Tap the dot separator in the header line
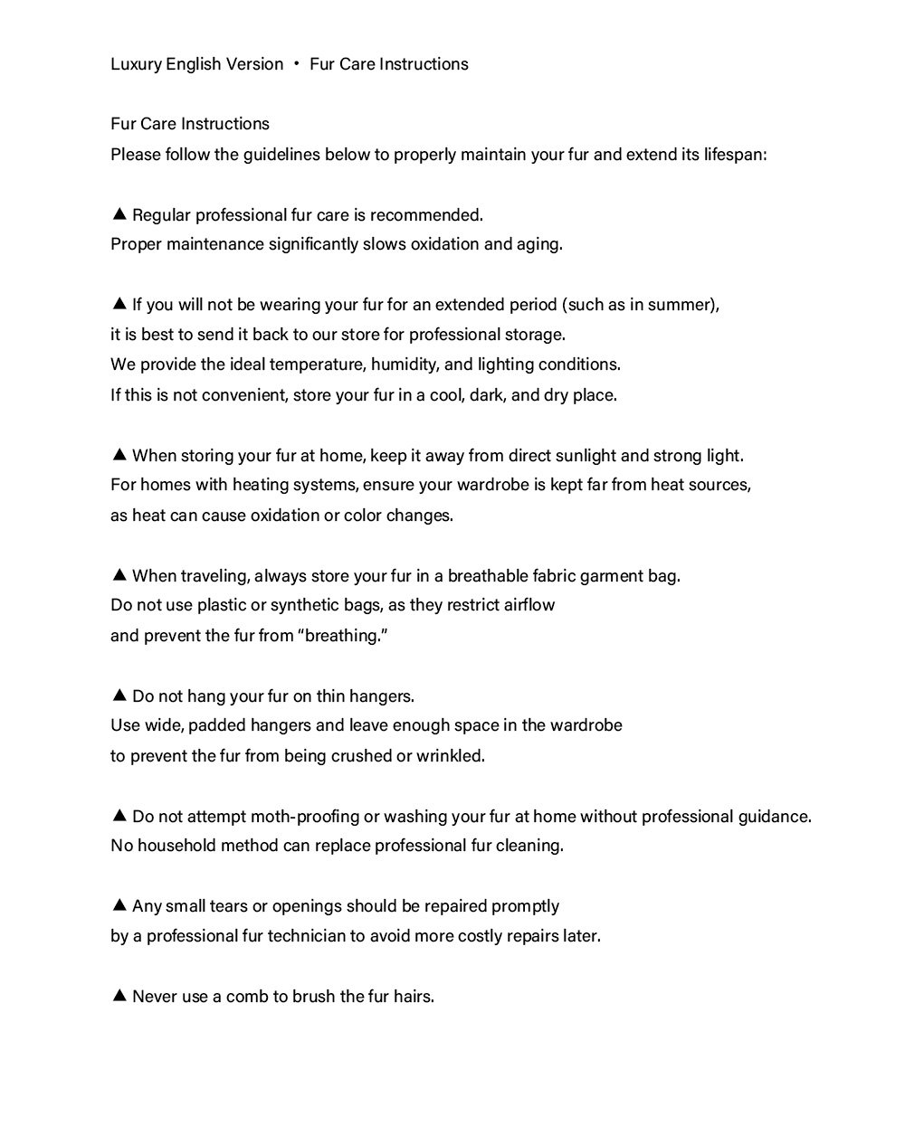(296, 64)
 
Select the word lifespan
(735, 155)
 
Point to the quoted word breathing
(343, 636)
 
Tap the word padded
(214, 725)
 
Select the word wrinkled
(451, 756)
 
